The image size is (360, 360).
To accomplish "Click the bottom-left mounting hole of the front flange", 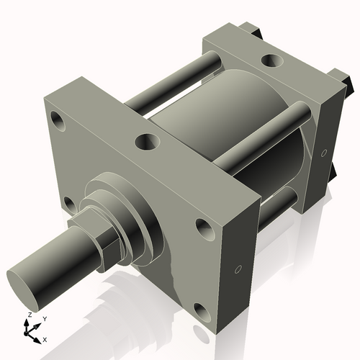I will point(69,205).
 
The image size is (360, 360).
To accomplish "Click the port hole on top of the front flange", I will point(148,140).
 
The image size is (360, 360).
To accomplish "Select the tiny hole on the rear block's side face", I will point(324,153).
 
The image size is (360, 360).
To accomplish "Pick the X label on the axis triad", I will point(45,338).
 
